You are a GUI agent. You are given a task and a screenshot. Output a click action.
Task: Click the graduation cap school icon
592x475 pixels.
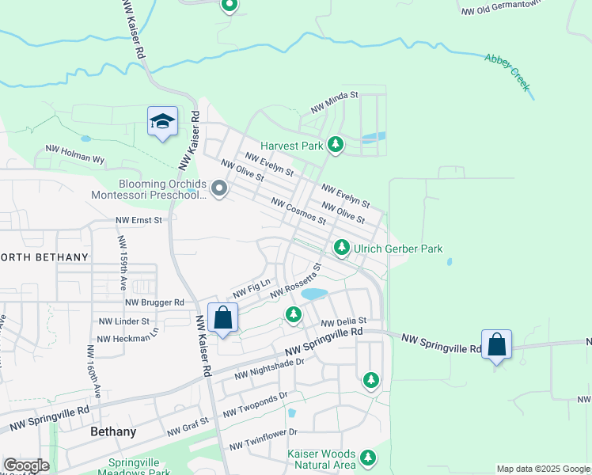pyautogui.click(x=162, y=121)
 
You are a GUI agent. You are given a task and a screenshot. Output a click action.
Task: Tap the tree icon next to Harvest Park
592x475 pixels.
pyautogui.click(x=336, y=145)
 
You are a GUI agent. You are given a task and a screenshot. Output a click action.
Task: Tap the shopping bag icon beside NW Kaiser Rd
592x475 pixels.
pyautogui.click(x=222, y=317)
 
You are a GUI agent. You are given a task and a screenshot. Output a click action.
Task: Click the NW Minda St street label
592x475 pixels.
pyautogui.click(x=335, y=101)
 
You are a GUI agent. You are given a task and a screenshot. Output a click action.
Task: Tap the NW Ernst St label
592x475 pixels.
pyautogui.click(x=139, y=220)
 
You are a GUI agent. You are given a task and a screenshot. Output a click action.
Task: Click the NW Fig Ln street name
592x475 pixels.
pyautogui.click(x=251, y=286)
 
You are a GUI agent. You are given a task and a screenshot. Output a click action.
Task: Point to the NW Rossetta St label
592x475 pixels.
pyautogui.click(x=295, y=282)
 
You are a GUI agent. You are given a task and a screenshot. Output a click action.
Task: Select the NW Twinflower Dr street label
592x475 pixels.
pyautogui.click(x=263, y=439)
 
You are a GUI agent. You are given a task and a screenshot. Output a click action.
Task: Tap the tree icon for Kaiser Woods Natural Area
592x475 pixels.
pyautogui.click(x=367, y=457)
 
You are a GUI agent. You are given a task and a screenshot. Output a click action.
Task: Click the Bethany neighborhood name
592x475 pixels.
pyautogui.click(x=113, y=432)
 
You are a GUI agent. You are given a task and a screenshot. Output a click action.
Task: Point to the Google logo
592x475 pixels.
pyautogui.click(x=26, y=465)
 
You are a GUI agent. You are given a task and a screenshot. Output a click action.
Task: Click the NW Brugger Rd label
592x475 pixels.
pyautogui.click(x=154, y=302)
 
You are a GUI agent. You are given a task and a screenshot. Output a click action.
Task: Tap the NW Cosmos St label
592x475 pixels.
pyautogui.click(x=298, y=211)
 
